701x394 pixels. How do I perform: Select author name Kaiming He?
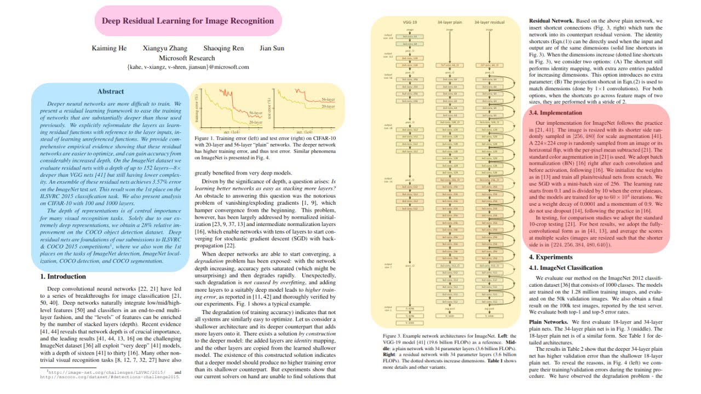(x=109, y=48)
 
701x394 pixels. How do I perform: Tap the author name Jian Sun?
(x=272, y=48)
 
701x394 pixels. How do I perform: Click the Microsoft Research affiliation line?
(x=187, y=57)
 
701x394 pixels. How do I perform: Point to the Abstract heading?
(x=111, y=91)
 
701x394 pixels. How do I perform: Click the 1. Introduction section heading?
(x=63, y=277)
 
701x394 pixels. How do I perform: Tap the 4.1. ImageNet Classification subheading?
(x=565, y=268)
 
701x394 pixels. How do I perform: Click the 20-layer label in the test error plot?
(x=329, y=107)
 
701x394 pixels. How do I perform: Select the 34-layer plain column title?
(x=449, y=22)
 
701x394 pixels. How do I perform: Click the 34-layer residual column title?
(x=489, y=22)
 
